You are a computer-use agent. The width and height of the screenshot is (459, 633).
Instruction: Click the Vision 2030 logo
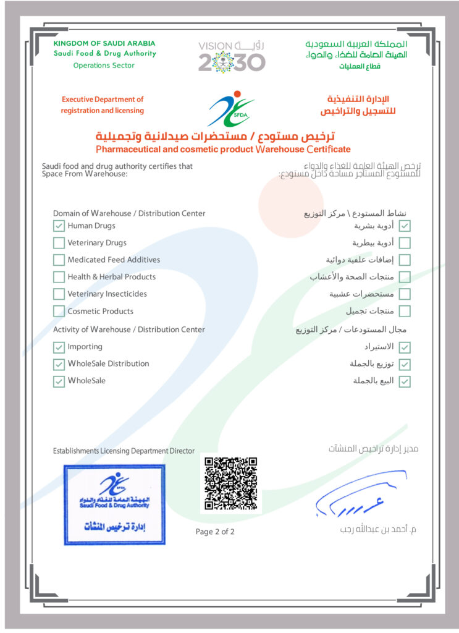(232, 56)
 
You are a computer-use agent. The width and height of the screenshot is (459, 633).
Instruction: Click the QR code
(230, 483)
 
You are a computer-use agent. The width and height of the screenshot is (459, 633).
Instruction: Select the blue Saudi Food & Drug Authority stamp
(114, 504)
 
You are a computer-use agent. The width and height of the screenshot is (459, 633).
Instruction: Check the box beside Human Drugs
(59, 226)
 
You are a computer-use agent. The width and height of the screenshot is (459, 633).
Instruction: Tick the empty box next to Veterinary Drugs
(59, 243)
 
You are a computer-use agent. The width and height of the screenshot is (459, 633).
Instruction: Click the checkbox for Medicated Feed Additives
(59, 260)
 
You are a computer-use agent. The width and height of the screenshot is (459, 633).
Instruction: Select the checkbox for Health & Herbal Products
(59, 277)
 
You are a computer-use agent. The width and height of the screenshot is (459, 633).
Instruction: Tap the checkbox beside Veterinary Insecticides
(59, 294)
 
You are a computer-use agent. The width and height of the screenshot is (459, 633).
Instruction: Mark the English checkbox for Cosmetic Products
(59, 311)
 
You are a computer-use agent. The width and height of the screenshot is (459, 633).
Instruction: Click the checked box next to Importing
(59, 347)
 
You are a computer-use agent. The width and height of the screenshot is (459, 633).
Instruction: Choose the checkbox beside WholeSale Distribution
(59, 364)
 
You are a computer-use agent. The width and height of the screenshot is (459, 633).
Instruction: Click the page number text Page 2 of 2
(215, 532)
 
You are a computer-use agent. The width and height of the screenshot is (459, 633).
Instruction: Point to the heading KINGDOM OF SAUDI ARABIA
(104, 43)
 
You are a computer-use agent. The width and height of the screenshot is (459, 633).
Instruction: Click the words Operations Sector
(103, 65)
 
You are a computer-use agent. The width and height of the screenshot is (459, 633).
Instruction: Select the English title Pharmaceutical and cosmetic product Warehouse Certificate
(223, 149)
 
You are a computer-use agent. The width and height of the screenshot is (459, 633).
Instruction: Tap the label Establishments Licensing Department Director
(124, 451)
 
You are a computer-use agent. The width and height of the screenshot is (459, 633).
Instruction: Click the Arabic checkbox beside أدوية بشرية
(405, 226)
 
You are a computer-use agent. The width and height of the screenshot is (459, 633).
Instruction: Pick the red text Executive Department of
(103, 99)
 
